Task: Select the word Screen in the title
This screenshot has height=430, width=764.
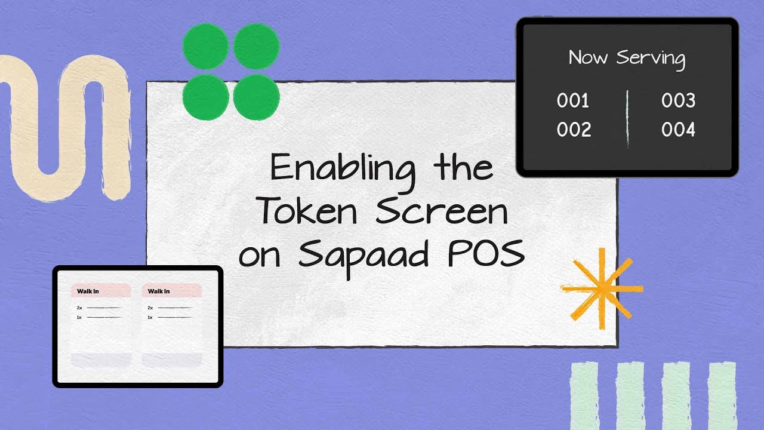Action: point(442,211)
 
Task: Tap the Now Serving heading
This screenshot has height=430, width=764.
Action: point(627,58)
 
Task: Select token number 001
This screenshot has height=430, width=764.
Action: point(573,101)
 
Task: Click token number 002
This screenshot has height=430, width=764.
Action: point(574,130)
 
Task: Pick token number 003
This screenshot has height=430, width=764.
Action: point(678,101)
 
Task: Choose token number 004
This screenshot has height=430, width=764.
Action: point(678,130)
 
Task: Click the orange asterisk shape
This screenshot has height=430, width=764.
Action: point(601,289)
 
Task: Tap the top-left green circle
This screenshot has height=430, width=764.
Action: point(205,47)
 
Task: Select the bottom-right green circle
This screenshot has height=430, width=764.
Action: point(256,97)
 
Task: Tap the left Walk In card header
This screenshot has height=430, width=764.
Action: point(101,291)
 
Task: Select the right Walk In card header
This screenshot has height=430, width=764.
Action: point(172,291)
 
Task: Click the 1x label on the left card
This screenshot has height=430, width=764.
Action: point(79,317)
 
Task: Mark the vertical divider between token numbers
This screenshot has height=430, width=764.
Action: point(627,118)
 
